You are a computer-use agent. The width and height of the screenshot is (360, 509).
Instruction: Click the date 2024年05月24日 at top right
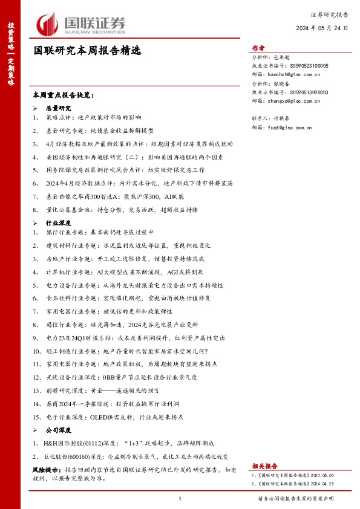(x=322, y=27)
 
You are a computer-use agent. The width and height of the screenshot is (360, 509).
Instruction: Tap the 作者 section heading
(x=258, y=48)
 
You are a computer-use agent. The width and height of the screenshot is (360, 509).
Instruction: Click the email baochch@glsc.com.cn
(x=290, y=74)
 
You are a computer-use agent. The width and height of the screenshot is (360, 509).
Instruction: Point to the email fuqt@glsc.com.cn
(x=290, y=128)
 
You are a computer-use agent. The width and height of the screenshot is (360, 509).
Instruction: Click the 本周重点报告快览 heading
(x=64, y=96)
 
